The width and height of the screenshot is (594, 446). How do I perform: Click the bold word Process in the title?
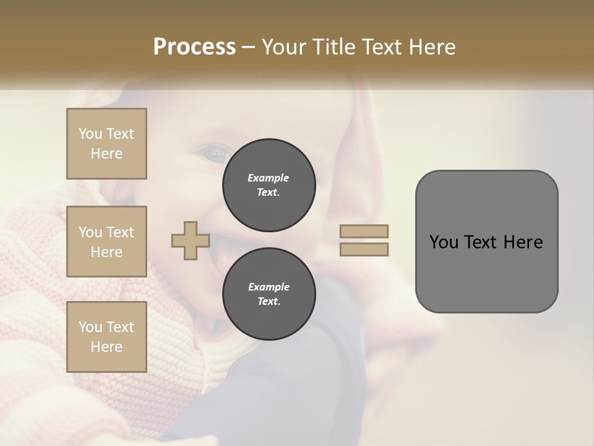(194, 47)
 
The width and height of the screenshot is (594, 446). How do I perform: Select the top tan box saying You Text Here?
(106, 144)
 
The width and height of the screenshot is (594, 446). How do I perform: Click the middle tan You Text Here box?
(106, 242)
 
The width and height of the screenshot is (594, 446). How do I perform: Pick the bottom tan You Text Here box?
(106, 337)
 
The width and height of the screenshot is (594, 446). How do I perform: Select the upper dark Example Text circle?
(269, 185)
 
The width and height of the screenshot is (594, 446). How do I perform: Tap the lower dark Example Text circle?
(269, 294)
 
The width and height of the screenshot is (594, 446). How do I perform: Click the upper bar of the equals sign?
(364, 232)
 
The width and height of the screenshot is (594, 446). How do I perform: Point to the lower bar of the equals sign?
(364, 250)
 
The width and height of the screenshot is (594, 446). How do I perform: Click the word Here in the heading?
(431, 47)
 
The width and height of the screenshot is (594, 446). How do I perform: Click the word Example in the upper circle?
(269, 178)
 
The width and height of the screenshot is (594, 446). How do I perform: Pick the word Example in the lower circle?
(269, 287)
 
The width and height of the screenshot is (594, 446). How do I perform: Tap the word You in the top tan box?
(90, 134)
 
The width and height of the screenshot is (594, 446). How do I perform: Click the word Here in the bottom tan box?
(106, 347)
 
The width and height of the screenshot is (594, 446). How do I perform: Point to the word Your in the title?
(283, 47)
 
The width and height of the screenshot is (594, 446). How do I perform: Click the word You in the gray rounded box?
(444, 242)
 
